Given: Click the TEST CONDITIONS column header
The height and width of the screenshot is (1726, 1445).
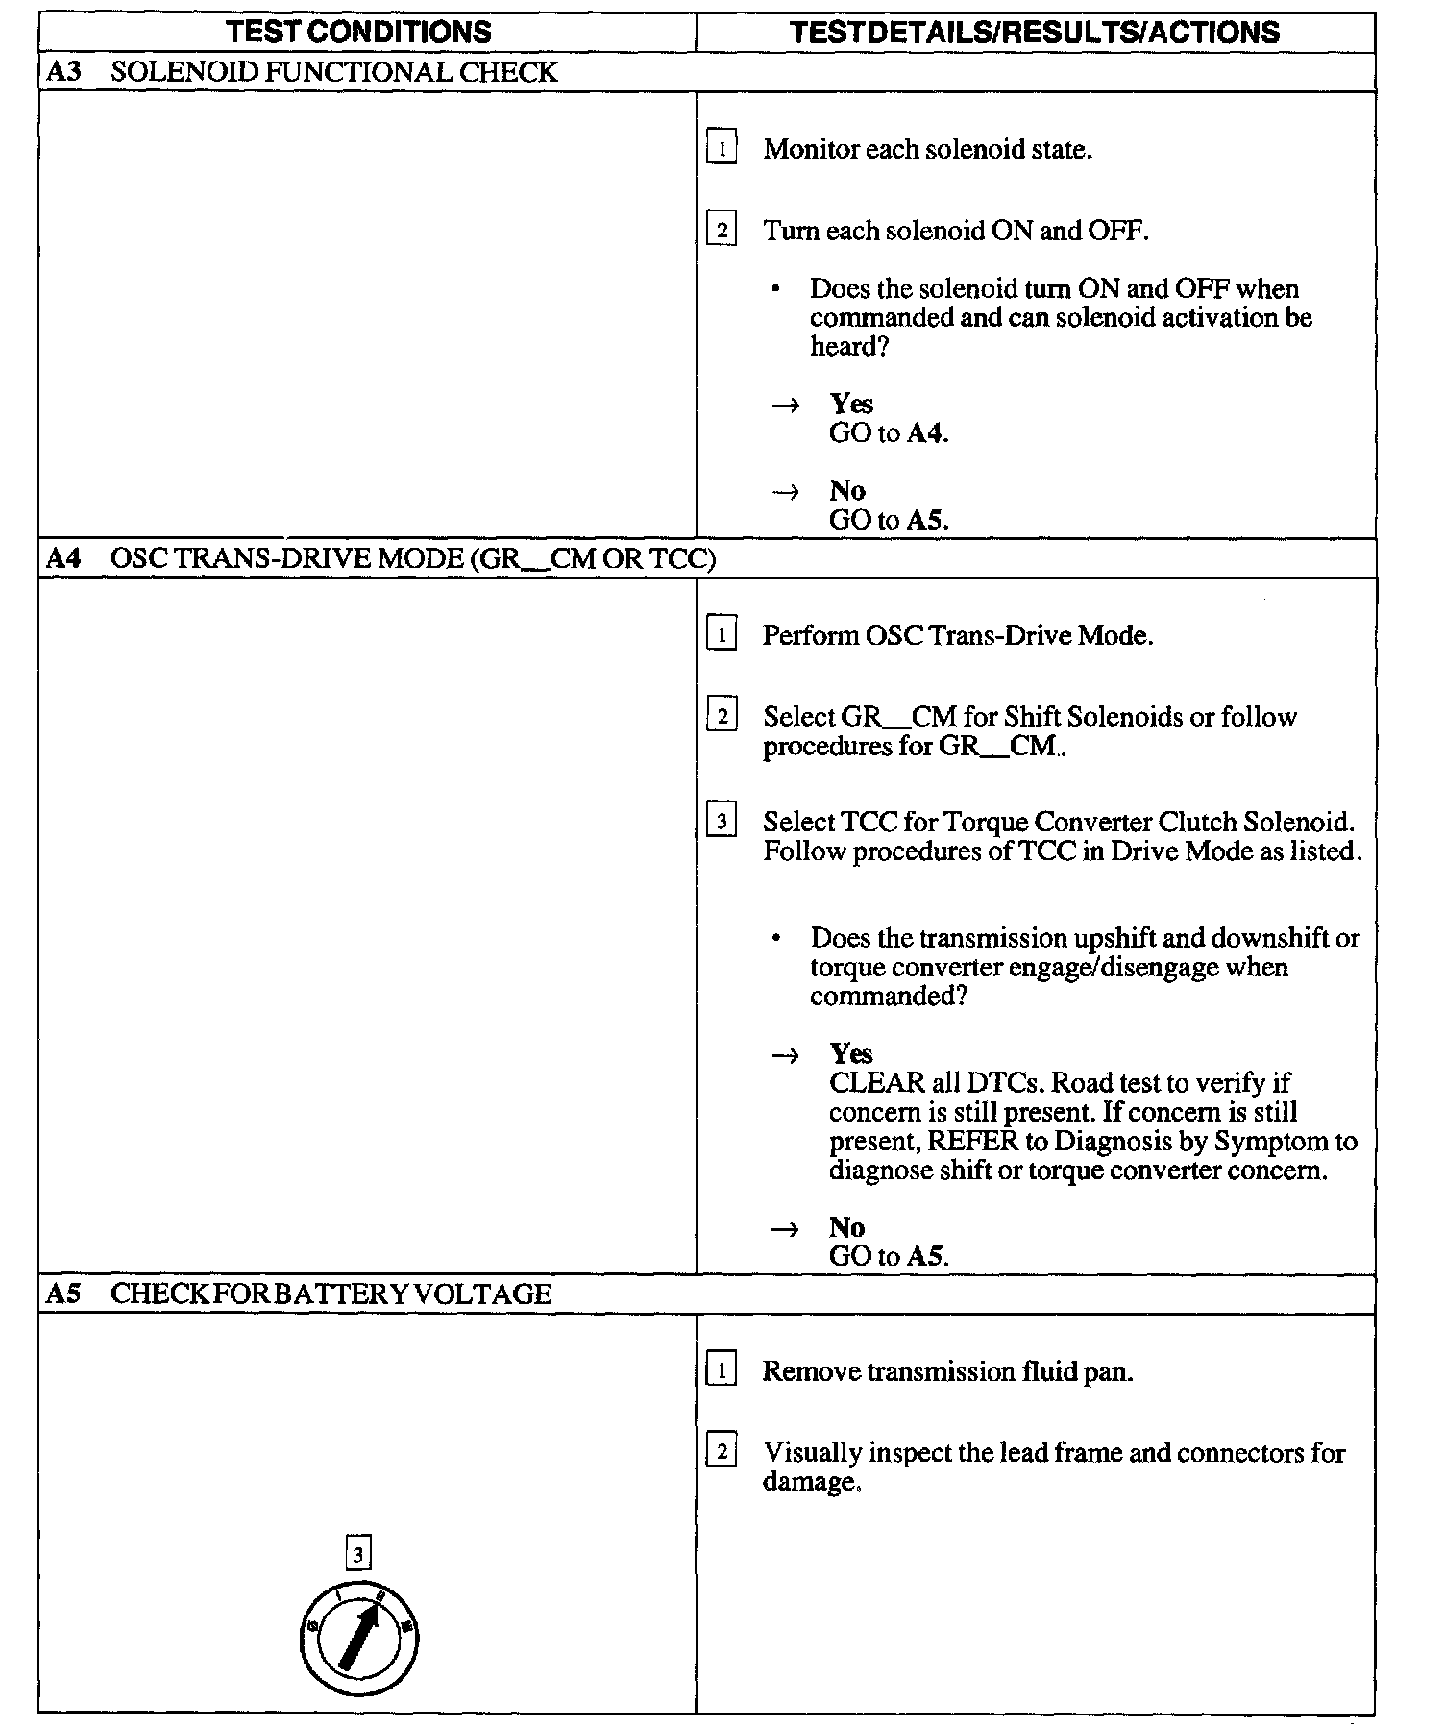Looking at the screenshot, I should [358, 32].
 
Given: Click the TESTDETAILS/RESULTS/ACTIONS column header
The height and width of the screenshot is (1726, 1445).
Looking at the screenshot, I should [1035, 32].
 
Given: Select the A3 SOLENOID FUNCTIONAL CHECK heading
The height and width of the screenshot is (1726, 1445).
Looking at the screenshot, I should [302, 72].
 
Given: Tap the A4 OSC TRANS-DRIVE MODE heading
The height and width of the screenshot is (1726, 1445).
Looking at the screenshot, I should [380, 558].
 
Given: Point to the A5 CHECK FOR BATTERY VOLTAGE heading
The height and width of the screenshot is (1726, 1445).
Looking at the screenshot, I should [299, 1294].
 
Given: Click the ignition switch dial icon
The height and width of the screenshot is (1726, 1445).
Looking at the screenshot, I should [358, 1638].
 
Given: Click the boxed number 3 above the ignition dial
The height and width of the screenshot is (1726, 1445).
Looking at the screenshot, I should [357, 1554].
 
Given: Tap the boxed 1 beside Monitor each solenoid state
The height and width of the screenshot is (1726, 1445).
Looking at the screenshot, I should [722, 149].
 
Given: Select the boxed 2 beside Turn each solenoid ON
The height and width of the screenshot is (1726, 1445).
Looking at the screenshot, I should [722, 231].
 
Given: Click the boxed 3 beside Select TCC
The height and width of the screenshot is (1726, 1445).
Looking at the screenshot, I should [722, 822].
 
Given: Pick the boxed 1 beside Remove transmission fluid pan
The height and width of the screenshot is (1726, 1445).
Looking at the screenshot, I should [722, 1370].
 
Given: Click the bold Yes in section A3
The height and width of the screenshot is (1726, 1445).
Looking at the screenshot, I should [851, 404].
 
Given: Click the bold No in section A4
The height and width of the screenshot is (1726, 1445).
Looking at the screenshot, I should [846, 1227].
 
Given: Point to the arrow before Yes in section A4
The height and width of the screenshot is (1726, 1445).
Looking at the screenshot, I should [785, 1055].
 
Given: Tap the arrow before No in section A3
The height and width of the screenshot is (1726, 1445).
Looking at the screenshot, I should [785, 492].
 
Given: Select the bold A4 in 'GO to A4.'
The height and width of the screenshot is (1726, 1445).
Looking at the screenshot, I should [926, 433].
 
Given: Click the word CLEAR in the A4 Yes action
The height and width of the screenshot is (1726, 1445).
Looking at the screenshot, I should [876, 1083].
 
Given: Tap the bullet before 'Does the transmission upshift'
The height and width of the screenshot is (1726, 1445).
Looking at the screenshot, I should [776, 938].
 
